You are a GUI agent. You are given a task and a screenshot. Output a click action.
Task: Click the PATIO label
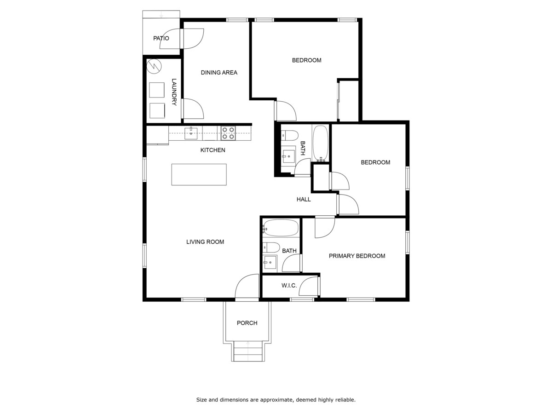pyautogui.click(x=161, y=39)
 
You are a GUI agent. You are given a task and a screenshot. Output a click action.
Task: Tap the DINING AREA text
pyautogui.click(x=219, y=73)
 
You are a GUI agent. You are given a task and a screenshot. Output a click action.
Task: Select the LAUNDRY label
pyautogui.click(x=174, y=92)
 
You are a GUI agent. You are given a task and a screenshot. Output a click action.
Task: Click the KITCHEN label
pyautogui.click(x=213, y=150)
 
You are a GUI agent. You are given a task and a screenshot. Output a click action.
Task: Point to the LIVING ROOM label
pyautogui.click(x=205, y=242)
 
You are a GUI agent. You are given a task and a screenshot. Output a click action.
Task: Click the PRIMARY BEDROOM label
pyautogui.click(x=357, y=256)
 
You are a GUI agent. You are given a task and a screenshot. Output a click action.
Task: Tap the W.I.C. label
pyautogui.click(x=289, y=286)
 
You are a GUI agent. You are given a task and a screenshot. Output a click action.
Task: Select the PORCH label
pyautogui.click(x=247, y=323)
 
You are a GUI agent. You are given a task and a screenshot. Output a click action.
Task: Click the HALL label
pyautogui.click(x=304, y=199)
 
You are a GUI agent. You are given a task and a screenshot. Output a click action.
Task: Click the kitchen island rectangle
pyautogui.click(x=199, y=174)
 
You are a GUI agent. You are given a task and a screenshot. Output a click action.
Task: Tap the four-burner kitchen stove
pyautogui.click(x=228, y=133)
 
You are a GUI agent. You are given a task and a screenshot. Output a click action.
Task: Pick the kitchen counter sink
pyautogui.click(x=191, y=133)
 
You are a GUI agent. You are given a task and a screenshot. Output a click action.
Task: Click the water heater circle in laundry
pyautogui.click(x=154, y=66)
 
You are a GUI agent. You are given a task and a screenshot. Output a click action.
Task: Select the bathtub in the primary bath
pyautogui.click(x=281, y=228)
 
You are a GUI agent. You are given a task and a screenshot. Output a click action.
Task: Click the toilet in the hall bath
pyautogui.click(x=290, y=135)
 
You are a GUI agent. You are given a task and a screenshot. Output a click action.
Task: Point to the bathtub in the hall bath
pyautogui.click(x=320, y=143)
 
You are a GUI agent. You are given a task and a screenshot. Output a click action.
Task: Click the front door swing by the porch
pyautogui.click(x=247, y=286)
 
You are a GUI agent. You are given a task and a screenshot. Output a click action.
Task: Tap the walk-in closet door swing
pyautogui.click(x=308, y=286)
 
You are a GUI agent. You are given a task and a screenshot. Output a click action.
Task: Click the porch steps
pyautogui.click(x=247, y=351)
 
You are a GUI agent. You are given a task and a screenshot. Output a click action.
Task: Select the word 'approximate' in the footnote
pyautogui.click(x=277, y=400)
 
